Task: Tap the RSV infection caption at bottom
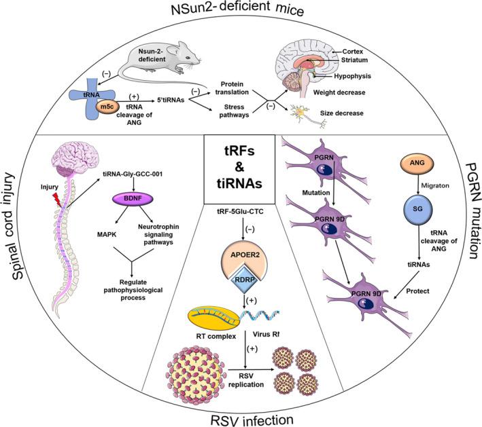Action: click(243, 417)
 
